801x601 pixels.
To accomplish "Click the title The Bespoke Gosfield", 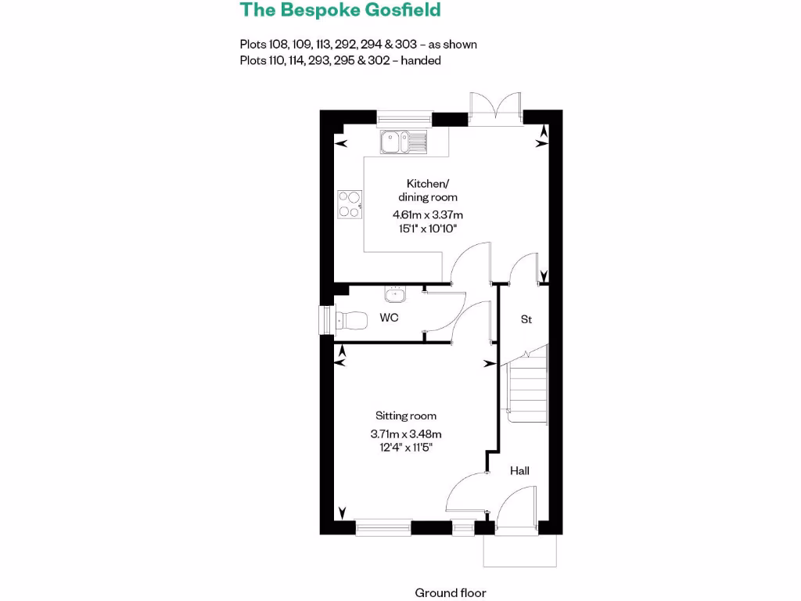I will [x=340, y=10].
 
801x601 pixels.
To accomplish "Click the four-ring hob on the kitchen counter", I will [x=349, y=203].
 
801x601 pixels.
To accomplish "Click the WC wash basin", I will [x=395, y=296].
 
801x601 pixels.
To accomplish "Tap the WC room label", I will [x=389, y=318].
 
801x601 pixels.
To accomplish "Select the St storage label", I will [x=526, y=320].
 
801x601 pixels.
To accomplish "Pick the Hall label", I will [x=519, y=470].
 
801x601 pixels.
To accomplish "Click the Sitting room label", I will [x=406, y=416].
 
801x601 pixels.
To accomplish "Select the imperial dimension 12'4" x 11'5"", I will [x=406, y=448].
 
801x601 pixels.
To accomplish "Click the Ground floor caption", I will [x=451, y=592].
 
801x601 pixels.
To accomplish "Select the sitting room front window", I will [x=383, y=529].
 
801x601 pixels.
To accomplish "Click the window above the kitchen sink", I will [x=404, y=119].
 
